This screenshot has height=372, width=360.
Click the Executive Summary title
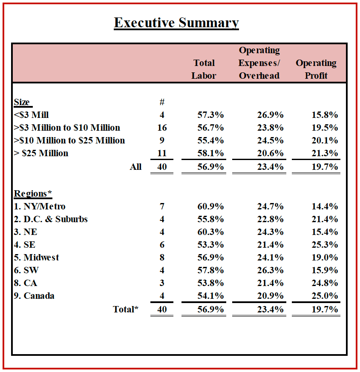click(176, 23)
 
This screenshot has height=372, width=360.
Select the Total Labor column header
click(204, 69)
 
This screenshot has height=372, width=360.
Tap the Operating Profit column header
click(316, 69)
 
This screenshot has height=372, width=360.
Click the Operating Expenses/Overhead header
click(259, 63)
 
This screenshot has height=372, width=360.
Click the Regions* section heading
click(33, 193)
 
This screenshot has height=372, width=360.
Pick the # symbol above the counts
click(162, 102)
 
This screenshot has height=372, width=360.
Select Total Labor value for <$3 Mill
click(210, 115)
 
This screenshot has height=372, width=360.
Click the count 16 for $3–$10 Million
click(162, 128)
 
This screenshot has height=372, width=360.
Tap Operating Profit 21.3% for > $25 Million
click(325, 153)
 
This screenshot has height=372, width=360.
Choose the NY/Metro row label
click(40, 206)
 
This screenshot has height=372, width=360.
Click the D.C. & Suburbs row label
click(51, 219)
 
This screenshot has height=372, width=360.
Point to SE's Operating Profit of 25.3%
click(325, 245)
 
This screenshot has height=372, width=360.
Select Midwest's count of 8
click(162, 258)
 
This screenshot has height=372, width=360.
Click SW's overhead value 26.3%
click(270, 270)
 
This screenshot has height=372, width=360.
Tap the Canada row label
click(34, 296)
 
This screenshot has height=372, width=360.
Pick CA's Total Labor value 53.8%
click(210, 283)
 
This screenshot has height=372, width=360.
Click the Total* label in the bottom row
click(125, 309)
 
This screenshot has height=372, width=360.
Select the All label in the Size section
click(135, 167)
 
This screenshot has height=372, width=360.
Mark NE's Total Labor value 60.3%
click(210, 232)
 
